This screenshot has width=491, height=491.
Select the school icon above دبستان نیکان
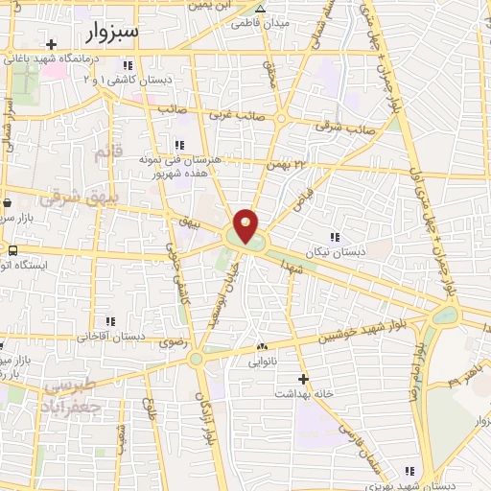coord(335,237)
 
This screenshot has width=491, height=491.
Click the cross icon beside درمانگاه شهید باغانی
coord(50,44)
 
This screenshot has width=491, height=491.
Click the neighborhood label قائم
coord(106,153)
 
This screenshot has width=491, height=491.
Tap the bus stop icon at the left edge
coord(12,251)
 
